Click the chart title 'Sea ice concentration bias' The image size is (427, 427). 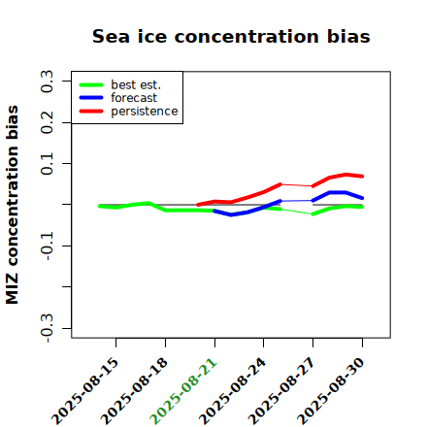click(231, 36)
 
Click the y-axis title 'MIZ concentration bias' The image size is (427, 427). click(12, 205)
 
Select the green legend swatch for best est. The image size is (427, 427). click(91, 84)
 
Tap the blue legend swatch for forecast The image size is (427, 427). click(91, 98)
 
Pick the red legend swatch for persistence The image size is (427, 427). click(91, 111)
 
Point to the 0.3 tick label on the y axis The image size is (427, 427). click(47, 82)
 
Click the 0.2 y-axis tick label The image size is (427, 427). click(47, 122)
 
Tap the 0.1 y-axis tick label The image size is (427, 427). click(47, 164)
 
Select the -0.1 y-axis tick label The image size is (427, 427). click(47, 246)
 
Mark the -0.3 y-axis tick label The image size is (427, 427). click(47, 328)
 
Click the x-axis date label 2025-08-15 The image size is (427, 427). click(85, 391)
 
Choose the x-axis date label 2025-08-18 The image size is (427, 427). click(135, 391)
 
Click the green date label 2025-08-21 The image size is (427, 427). click(183, 391)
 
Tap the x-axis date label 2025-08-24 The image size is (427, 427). click(233, 391)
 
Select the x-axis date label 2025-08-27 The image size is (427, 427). click(282, 391)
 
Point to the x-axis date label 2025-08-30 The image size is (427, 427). click(331, 391)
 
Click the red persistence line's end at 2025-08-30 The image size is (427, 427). click(362, 177)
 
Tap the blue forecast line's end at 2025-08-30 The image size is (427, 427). click(362, 198)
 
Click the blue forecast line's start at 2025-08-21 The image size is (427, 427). click(214, 211)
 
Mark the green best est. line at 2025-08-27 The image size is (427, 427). click(312, 214)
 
